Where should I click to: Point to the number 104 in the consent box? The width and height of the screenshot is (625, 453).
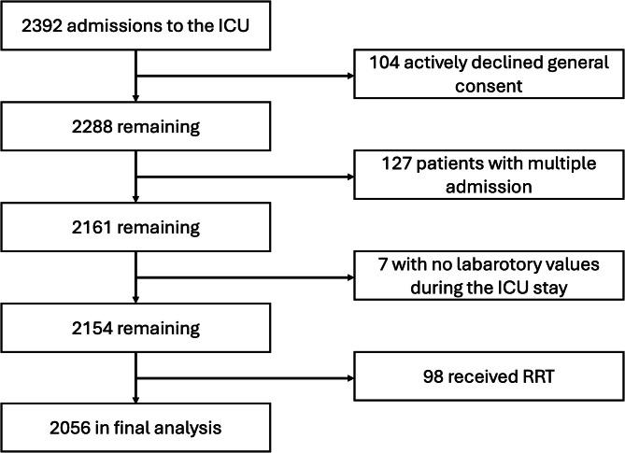[x=387, y=64]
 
